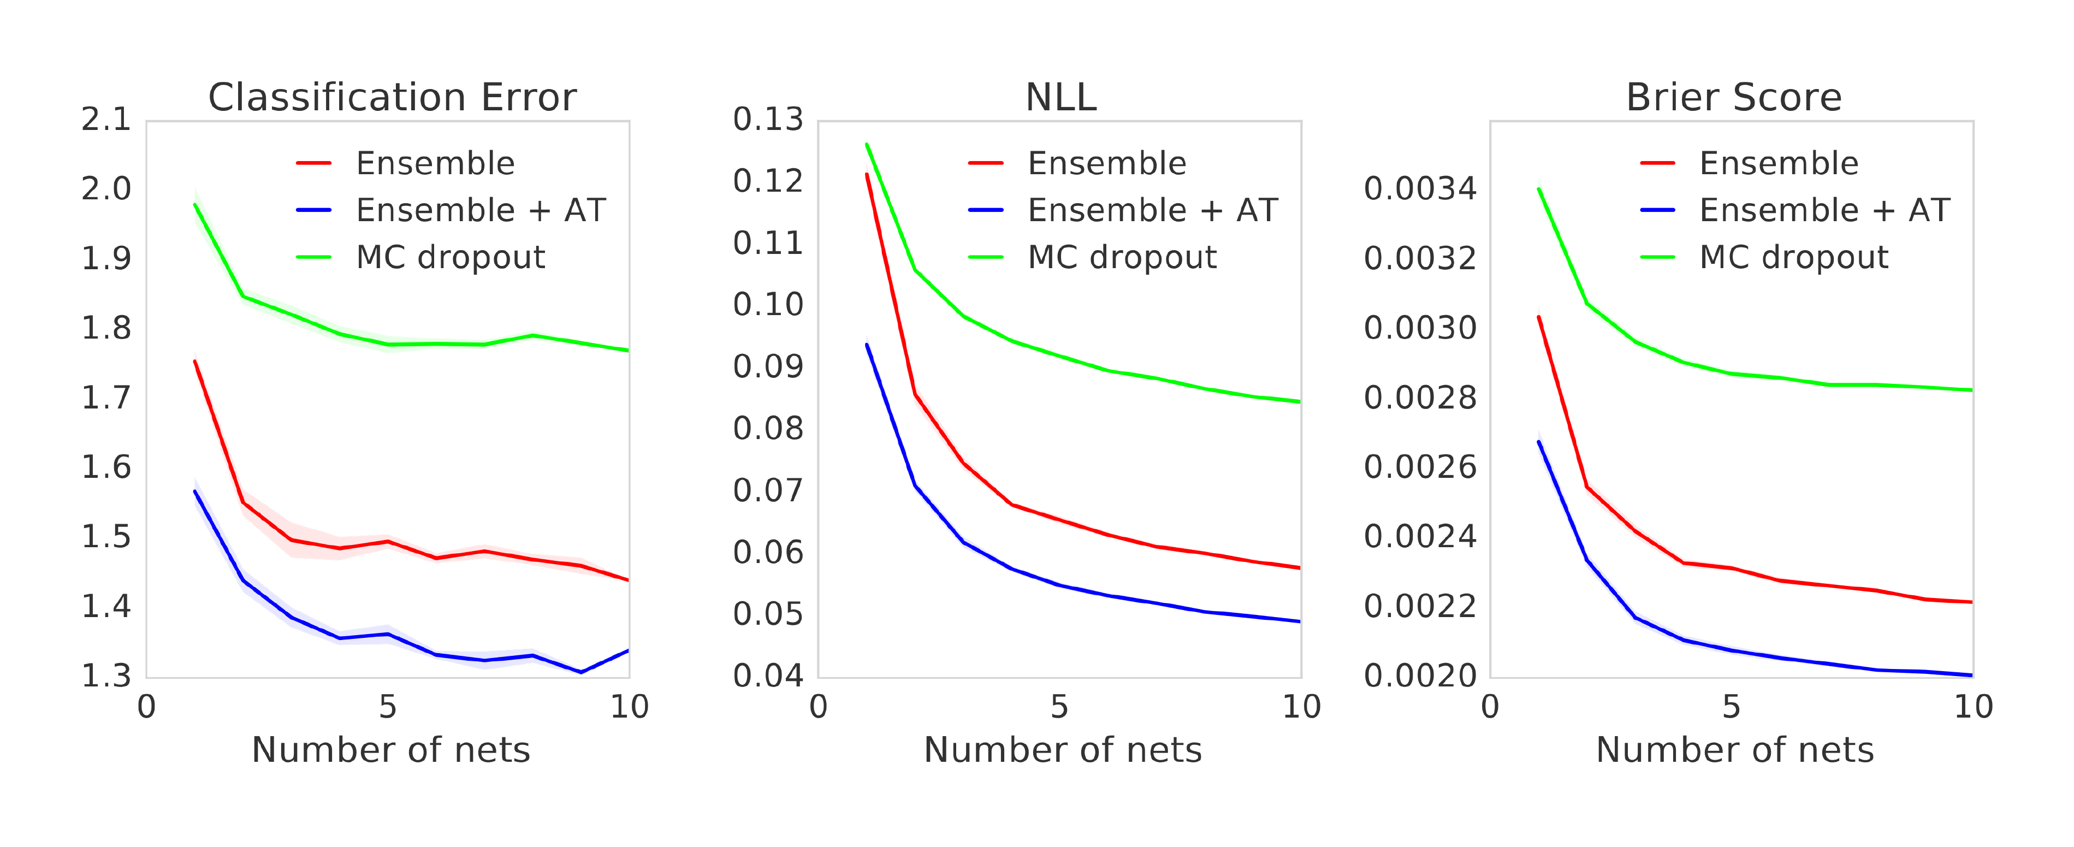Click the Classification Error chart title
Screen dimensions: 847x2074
(x=392, y=97)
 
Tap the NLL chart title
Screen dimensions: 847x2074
(x=1060, y=97)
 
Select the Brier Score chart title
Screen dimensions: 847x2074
(x=1733, y=97)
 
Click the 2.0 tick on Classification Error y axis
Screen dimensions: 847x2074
(x=106, y=189)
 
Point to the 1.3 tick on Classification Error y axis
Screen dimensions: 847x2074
(x=106, y=676)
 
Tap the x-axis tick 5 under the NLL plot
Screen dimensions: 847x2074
(x=1059, y=707)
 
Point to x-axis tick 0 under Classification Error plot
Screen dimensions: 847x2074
(x=146, y=707)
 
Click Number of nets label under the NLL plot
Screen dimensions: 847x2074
(x=1062, y=750)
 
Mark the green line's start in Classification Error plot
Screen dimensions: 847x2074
(x=195, y=204)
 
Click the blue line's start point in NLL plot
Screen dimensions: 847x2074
(x=867, y=345)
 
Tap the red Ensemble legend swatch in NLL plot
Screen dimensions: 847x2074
(x=986, y=163)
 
